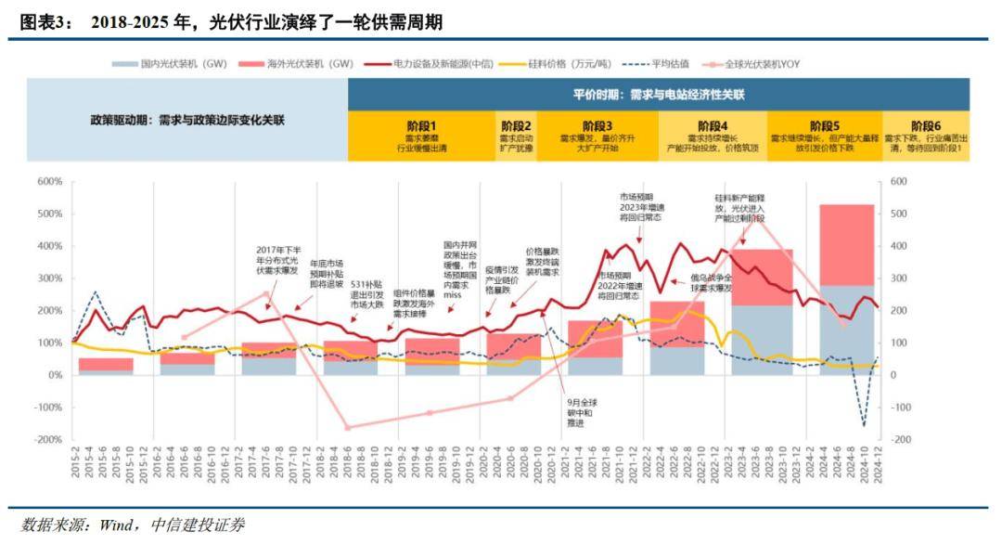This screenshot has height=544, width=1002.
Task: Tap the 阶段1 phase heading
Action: point(421,125)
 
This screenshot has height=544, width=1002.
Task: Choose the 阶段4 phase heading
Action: point(712,125)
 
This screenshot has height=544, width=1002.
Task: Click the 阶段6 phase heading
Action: point(925,125)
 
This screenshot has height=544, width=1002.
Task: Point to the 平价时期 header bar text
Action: point(660,95)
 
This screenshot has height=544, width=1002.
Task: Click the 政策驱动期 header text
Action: point(187,121)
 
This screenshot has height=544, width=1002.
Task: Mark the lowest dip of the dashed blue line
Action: point(864,425)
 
